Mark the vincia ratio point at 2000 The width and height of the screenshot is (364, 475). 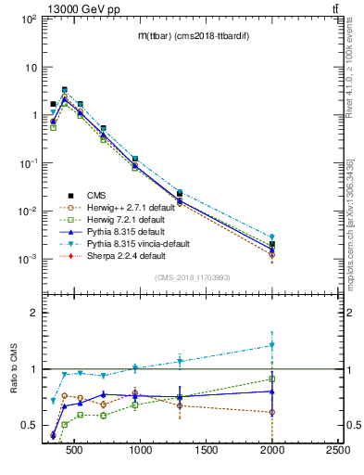click(x=271, y=345)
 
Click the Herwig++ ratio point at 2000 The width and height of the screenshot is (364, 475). click(x=271, y=412)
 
